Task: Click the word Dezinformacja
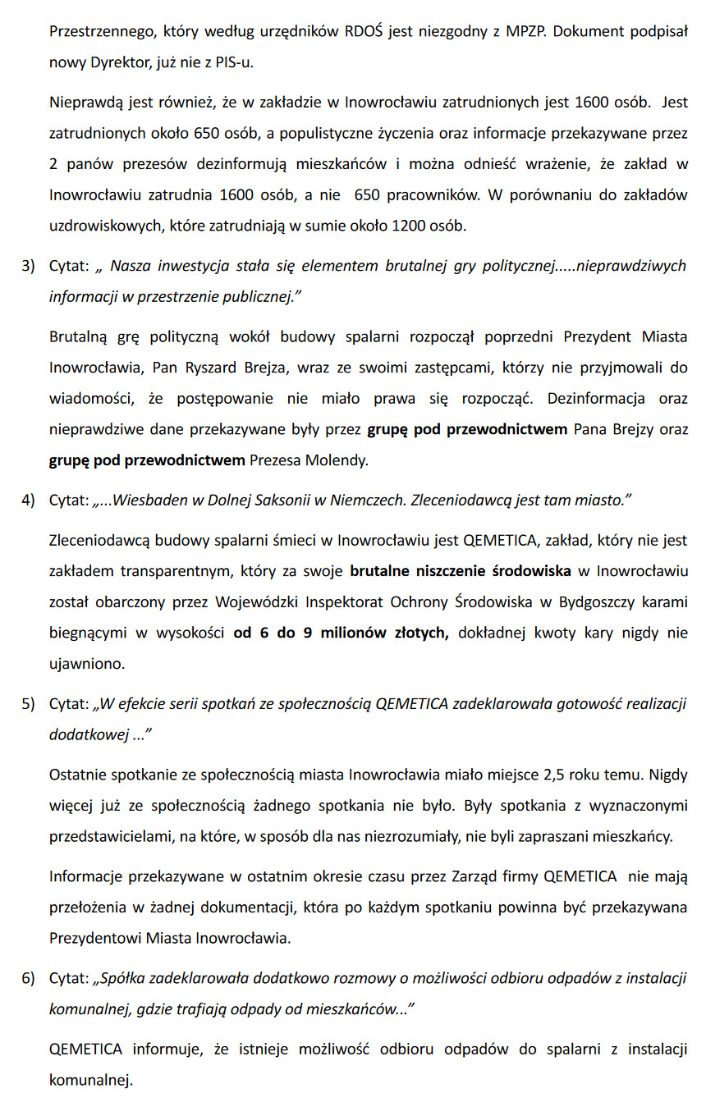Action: coord(594,399)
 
